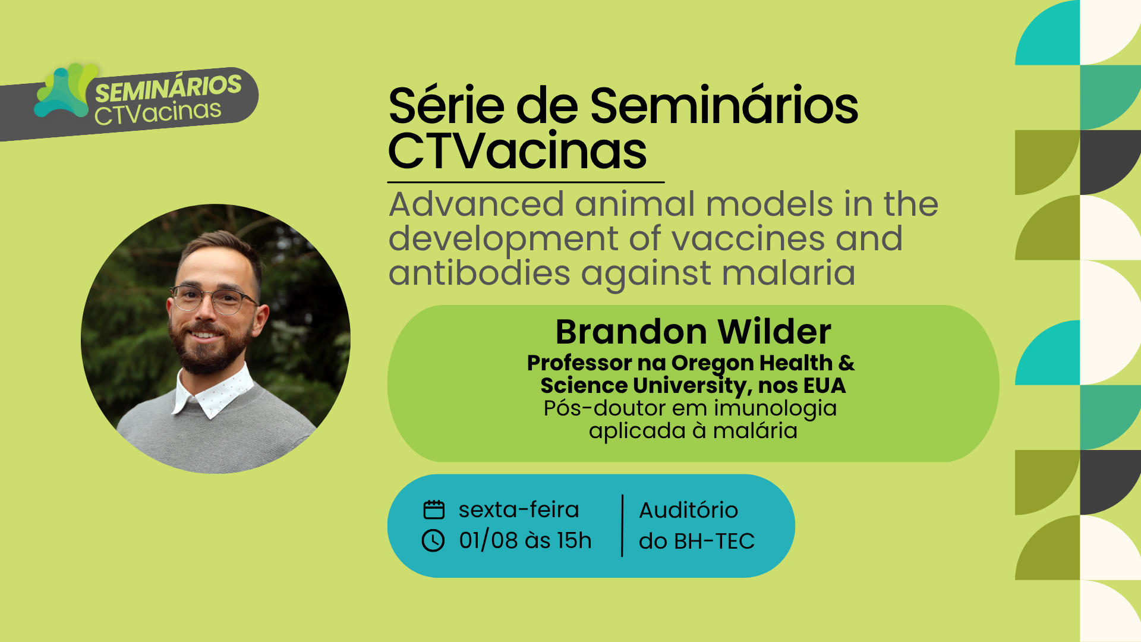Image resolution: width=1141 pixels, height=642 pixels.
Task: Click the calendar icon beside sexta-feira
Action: click(434, 509)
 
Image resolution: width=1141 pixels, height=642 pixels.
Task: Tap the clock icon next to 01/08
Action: click(433, 540)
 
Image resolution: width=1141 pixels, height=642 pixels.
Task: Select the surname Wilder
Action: click(774, 332)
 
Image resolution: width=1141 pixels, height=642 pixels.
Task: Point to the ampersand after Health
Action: click(847, 363)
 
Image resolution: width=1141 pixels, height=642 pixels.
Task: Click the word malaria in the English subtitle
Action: click(789, 273)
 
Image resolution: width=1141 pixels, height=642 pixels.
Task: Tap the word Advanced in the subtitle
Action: click(476, 204)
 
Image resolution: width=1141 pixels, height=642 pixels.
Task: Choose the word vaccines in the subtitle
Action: click(748, 239)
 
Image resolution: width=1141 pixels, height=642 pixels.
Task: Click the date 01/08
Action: click(488, 540)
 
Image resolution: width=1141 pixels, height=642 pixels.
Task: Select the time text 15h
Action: click(574, 540)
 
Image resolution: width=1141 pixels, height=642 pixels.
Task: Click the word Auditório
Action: click(689, 510)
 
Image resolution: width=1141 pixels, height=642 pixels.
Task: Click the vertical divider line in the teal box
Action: click(622, 525)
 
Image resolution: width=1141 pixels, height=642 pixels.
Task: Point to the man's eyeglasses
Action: click(214, 299)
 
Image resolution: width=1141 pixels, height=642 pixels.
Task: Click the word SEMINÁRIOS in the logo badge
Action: click(168, 88)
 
